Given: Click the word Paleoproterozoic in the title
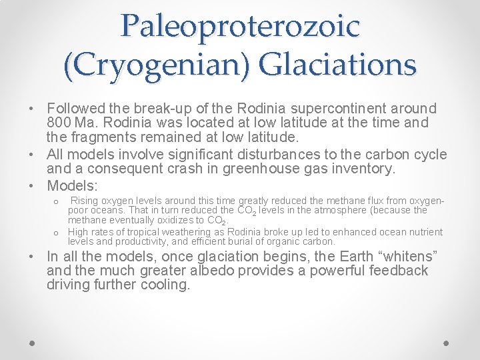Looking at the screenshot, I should tap(240, 25).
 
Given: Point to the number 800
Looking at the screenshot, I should tap(61, 123).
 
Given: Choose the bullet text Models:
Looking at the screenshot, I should tap(72, 185).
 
